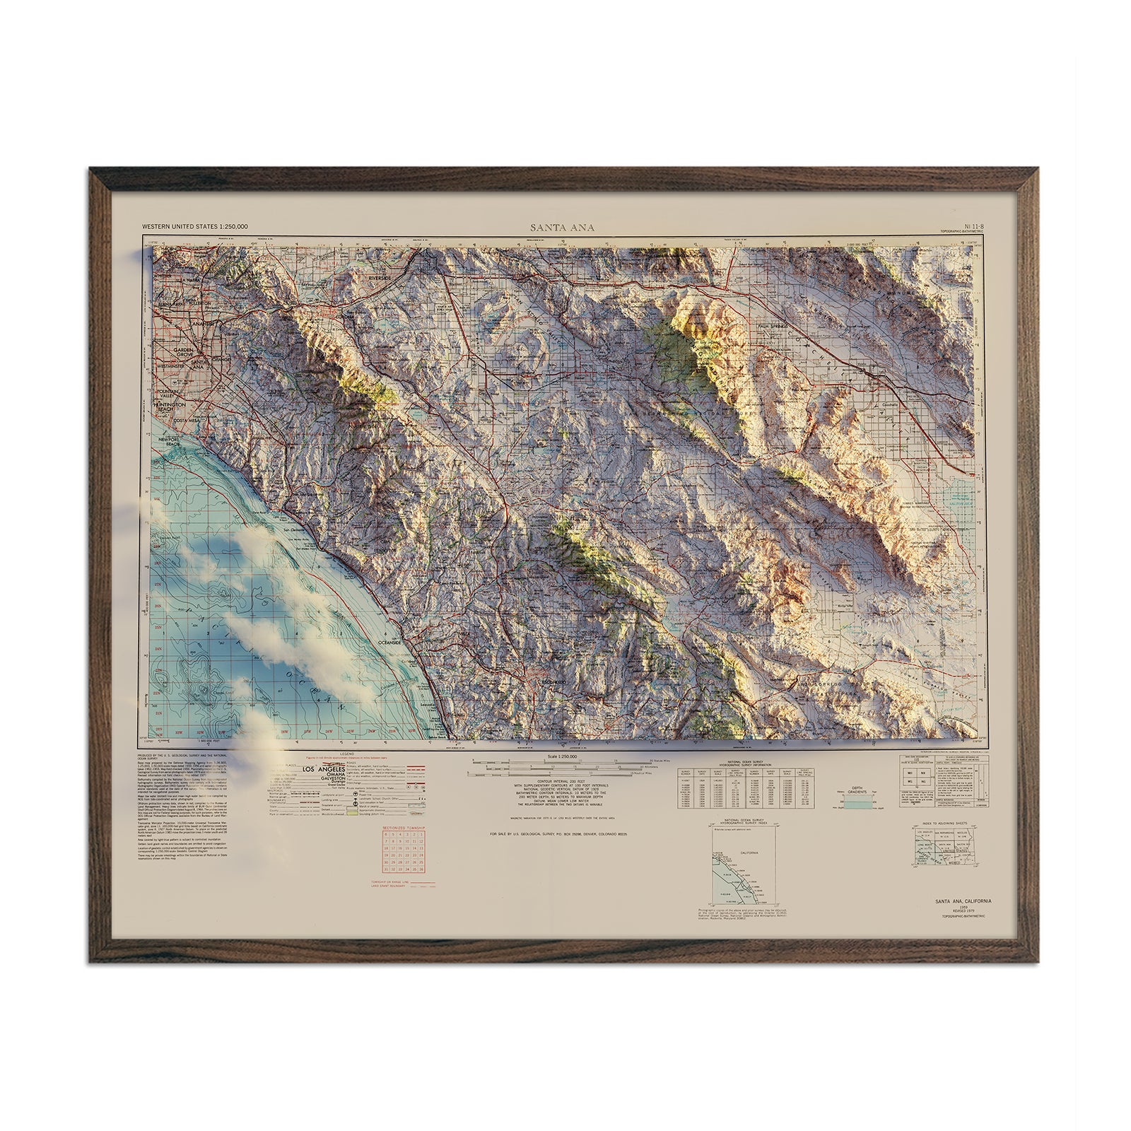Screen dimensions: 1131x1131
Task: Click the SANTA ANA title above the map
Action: coord(563,228)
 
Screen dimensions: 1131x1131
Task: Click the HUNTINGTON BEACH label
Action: coord(168,407)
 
